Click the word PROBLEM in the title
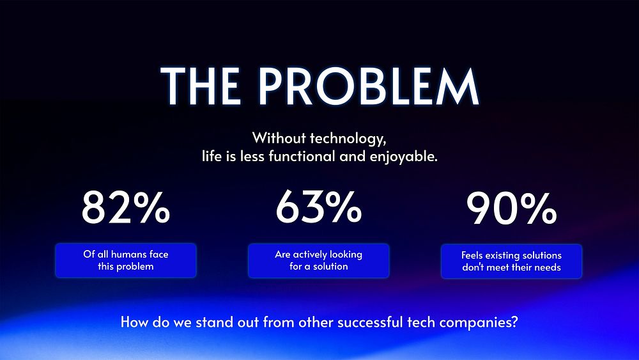click(x=368, y=86)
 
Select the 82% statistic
click(x=125, y=207)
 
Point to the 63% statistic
click(x=318, y=207)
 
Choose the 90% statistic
click(x=511, y=208)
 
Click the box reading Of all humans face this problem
click(x=126, y=260)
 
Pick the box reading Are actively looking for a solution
click(x=319, y=261)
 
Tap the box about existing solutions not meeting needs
click(x=511, y=262)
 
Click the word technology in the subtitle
click(x=348, y=138)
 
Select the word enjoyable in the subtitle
click(x=403, y=157)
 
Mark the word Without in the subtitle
click(x=279, y=138)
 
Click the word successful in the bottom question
click(x=370, y=322)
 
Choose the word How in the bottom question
click(x=134, y=322)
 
